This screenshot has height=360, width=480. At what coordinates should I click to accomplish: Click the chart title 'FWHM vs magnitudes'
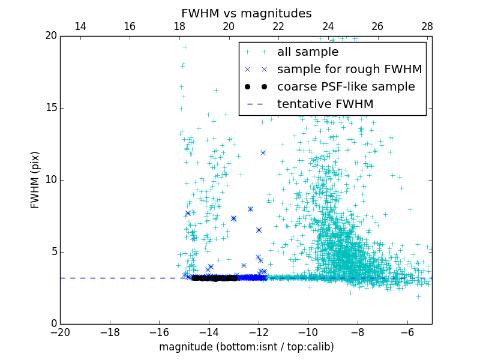coord(246,13)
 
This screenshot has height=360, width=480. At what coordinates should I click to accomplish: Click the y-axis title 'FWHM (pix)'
coord(35,180)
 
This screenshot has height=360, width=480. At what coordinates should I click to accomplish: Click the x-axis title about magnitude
coord(246,347)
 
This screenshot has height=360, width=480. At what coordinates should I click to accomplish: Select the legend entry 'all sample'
coord(307,52)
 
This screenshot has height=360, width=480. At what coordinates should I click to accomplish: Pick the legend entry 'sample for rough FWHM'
coord(349,70)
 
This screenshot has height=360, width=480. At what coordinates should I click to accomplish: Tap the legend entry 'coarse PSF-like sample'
coord(346,87)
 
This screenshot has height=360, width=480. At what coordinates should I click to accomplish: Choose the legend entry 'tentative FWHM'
coord(325,104)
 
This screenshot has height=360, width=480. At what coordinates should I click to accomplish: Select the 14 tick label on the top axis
coord(80,26)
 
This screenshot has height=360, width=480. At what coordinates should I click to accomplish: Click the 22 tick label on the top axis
coord(278,26)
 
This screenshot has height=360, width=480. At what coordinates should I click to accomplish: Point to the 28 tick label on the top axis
coord(427,26)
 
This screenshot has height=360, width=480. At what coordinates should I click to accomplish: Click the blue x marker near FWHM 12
coord(263,152)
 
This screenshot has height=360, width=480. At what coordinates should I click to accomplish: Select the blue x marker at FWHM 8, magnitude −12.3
coord(250,209)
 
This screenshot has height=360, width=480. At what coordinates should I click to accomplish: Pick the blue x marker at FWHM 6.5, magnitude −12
coord(259,230)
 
